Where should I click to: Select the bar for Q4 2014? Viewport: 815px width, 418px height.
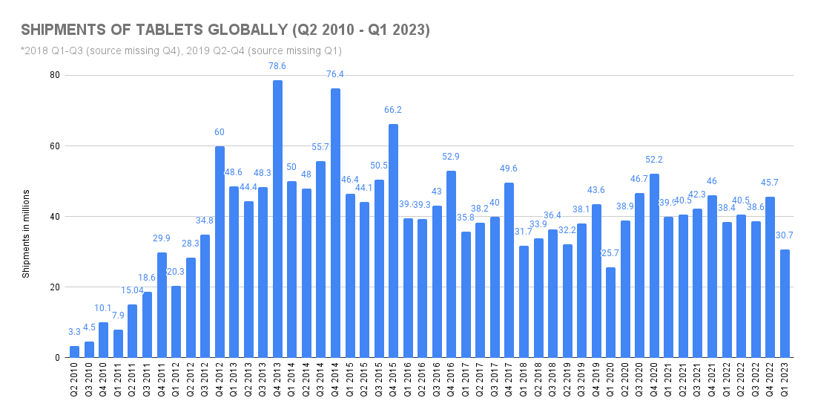(335, 223)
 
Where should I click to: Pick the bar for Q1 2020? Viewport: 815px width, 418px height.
(610, 313)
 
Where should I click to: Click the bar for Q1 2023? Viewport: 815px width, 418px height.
(785, 304)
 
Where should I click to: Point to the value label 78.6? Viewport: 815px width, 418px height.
(277, 66)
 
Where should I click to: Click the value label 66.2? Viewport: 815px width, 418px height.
(393, 110)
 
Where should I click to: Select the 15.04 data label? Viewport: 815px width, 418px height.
(132, 290)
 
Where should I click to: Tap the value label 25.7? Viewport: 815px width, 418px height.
(610, 253)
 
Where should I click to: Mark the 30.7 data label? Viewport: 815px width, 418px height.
(785, 235)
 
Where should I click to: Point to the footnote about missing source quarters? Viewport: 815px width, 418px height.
(181, 50)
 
